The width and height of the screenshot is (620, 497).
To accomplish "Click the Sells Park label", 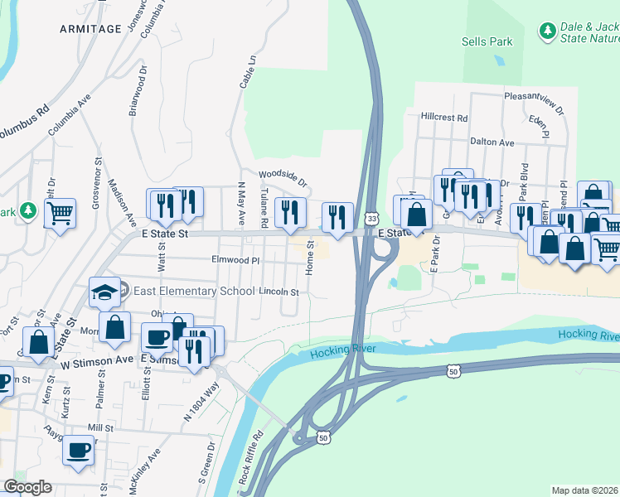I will (487, 41).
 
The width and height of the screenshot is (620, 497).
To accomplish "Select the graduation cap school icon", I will (104, 292).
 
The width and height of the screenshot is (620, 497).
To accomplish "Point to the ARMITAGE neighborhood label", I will (91, 29).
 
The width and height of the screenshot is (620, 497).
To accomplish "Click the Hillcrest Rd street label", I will (444, 118).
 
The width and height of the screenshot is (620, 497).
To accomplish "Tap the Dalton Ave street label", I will (492, 142).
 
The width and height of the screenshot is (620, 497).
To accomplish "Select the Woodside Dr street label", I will (283, 176).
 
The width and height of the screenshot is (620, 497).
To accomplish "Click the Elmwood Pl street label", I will (236, 260).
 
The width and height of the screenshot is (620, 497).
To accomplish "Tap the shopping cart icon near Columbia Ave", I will (61, 214).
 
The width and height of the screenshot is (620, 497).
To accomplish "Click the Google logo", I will (28, 487).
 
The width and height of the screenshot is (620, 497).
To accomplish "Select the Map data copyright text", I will (585, 490).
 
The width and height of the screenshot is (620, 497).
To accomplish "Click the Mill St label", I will (99, 427).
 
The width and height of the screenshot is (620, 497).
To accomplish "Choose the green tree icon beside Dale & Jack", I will (547, 31).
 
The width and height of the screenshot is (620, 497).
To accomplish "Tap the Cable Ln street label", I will (248, 73).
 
